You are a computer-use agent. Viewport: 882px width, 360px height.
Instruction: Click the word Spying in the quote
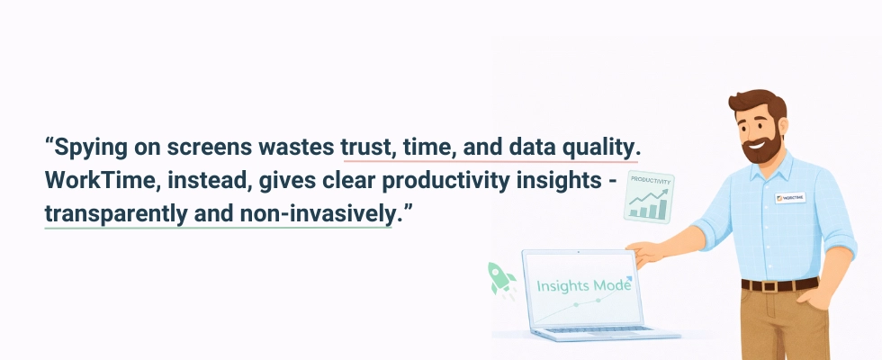[91, 148]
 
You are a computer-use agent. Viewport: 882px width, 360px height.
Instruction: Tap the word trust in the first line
[366, 148]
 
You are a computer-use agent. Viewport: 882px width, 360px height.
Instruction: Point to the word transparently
[116, 215]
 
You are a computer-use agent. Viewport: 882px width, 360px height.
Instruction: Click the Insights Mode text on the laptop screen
[583, 285]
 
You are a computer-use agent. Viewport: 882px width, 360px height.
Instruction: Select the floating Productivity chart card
[649, 197]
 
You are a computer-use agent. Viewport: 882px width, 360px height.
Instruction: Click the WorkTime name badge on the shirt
[790, 197]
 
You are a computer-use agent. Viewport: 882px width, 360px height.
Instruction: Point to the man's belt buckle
[770, 285]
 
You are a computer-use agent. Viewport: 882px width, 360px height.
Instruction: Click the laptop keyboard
[598, 329]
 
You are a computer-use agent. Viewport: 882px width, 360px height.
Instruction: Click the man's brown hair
[757, 103]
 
